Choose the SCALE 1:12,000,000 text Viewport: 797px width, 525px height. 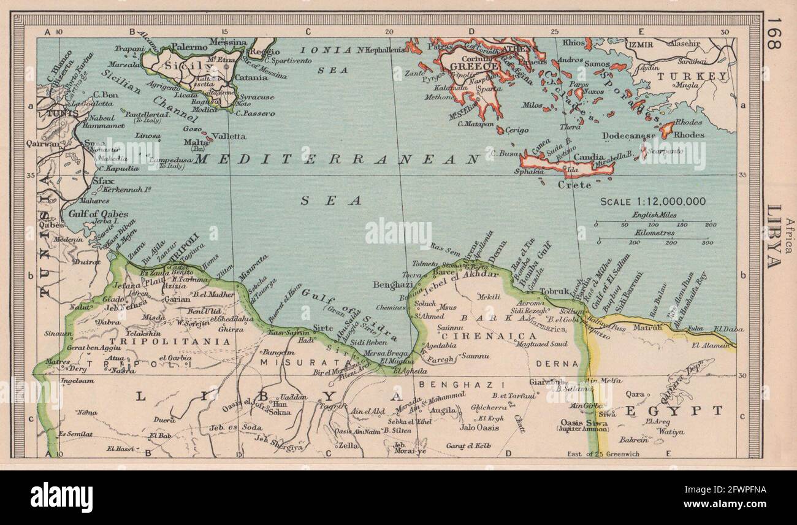652,201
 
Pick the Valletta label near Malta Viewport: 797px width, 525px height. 229,136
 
